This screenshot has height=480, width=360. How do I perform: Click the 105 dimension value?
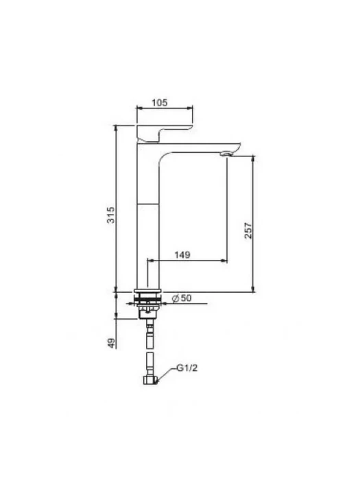(x=160, y=103)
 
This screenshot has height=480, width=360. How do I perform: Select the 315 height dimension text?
(x=111, y=215)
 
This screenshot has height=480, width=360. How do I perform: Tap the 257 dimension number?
(x=248, y=230)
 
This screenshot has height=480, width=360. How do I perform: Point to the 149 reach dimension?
(x=182, y=254)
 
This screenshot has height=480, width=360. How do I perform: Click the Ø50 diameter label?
(x=182, y=298)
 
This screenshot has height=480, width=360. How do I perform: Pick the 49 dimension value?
(x=112, y=343)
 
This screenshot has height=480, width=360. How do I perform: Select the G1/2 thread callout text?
(x=187, y=368)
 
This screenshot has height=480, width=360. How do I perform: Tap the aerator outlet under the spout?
(x=226, y=154)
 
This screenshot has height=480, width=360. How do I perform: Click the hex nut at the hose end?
(x=150, y=380)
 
